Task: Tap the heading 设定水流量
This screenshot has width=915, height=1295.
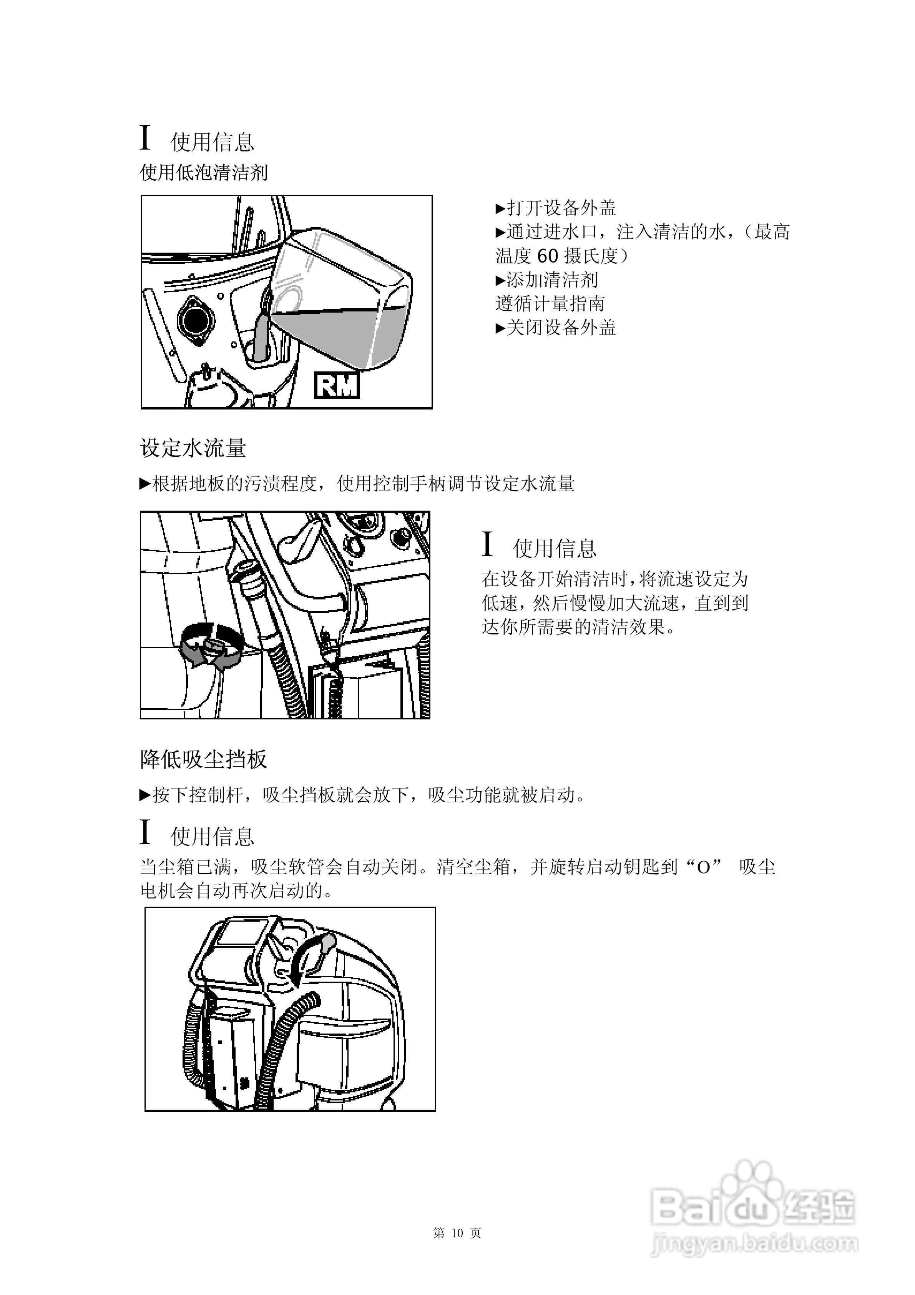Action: pos(193,448)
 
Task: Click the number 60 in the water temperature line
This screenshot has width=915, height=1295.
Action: pos(547,256)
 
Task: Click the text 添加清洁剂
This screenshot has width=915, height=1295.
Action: pos(547,280)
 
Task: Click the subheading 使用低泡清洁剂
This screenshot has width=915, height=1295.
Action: pos(204,173)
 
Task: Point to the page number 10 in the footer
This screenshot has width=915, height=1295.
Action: pos(457,1233)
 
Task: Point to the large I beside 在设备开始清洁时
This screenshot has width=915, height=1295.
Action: pos(488,545)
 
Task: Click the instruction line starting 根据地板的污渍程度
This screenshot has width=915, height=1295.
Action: pos(357,484)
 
